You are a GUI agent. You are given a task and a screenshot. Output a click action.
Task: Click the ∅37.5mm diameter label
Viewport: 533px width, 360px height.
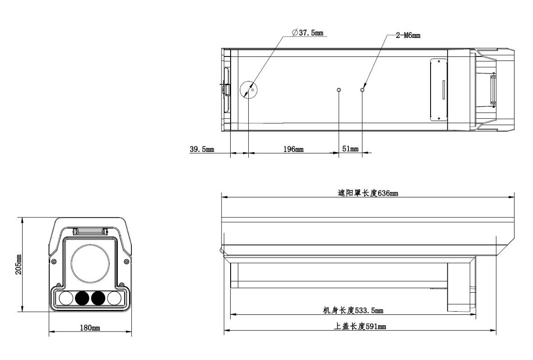point(308,33)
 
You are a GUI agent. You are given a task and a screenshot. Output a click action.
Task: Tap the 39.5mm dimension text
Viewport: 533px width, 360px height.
point(202,149)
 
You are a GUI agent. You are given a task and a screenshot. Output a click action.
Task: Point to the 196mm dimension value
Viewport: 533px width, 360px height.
point(293,149)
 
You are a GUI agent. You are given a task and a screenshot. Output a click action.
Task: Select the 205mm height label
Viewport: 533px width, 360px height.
point(19,265)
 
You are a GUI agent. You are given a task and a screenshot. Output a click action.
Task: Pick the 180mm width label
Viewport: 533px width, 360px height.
point(89,327)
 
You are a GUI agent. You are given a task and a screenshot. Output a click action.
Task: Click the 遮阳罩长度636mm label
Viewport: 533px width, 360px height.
point(368,193)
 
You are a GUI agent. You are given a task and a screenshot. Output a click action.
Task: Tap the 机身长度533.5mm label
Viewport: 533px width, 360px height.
point(352,310)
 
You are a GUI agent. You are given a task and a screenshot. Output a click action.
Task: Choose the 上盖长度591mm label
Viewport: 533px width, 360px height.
point(360,327)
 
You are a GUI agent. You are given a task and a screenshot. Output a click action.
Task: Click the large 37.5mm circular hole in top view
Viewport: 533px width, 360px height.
point(248,89)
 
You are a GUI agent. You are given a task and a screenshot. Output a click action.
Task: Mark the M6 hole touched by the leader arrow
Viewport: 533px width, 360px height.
point(362,90)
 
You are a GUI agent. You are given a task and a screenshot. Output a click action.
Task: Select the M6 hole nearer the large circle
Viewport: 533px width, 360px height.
point(339,90)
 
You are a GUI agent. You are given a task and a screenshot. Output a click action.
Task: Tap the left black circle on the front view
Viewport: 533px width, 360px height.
point(82,298)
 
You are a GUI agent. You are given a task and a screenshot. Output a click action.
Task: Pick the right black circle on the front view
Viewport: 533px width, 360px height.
point(98,298)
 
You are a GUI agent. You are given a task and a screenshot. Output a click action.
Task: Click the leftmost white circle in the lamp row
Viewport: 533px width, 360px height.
point(66,298)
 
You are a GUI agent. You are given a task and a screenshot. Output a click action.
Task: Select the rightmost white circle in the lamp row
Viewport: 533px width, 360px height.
point(114,298)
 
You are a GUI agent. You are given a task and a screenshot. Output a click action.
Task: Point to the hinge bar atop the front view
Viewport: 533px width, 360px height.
point(91,231)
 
